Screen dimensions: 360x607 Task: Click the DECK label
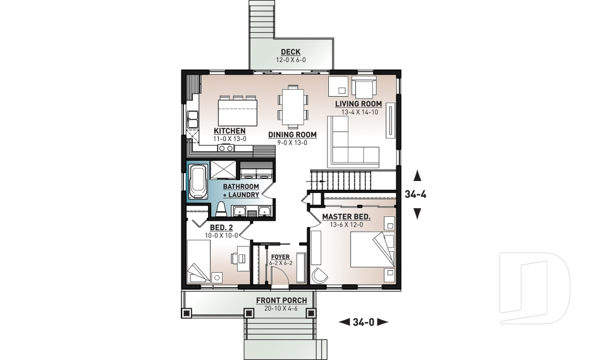[x=291, y=52]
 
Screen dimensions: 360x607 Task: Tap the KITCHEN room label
[x=212, y=131]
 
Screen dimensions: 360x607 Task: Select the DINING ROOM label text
[x=291, y=135]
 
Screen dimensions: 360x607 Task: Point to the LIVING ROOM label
[x=358, y=104]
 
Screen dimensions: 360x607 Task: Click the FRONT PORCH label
[x=281, y=300]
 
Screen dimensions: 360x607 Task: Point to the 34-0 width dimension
[x=364, y=322]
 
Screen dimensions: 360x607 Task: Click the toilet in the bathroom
[x=221, y=209]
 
